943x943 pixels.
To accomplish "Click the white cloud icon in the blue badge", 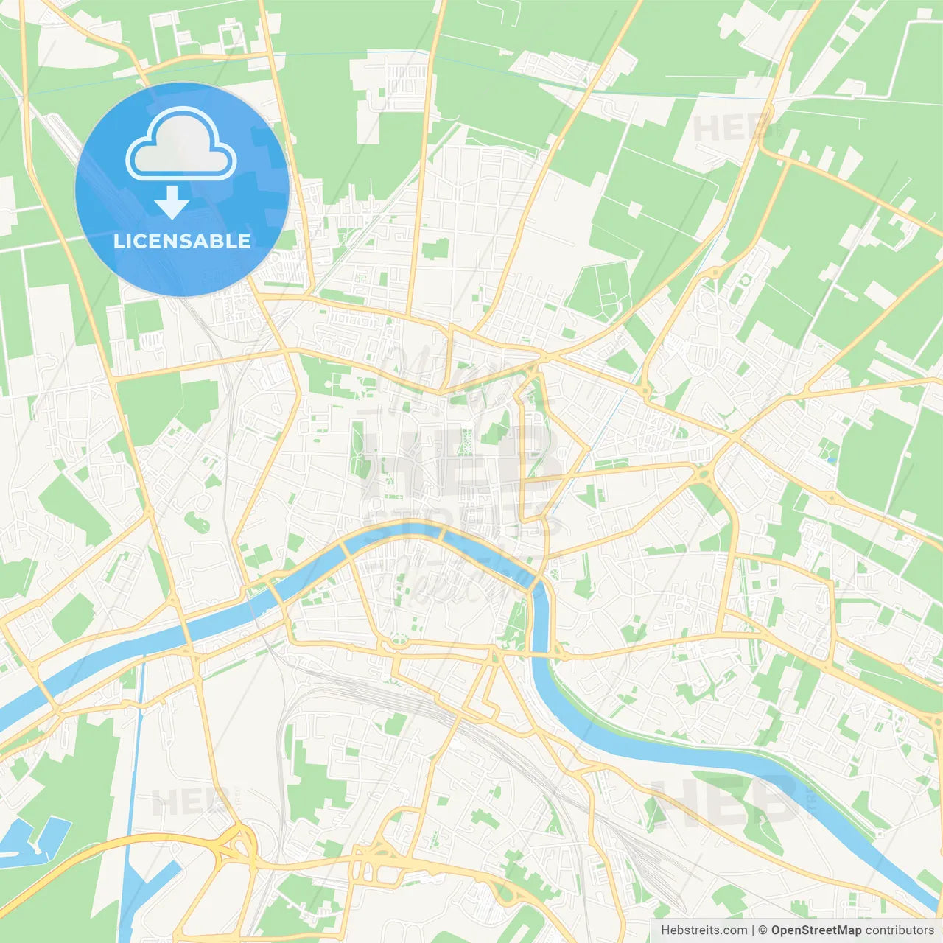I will (x=181, y=145).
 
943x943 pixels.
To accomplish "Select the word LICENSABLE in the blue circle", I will (x=182, y=242).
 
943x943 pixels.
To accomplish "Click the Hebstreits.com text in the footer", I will (x=704, y=930).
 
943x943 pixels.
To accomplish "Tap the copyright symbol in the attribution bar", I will (x=763, y=930).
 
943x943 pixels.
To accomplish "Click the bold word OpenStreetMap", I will (x=816, y=930).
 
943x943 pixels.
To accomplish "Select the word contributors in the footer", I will (x=900, y=930).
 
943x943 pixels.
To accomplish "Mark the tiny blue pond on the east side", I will (x=832, y=460).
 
